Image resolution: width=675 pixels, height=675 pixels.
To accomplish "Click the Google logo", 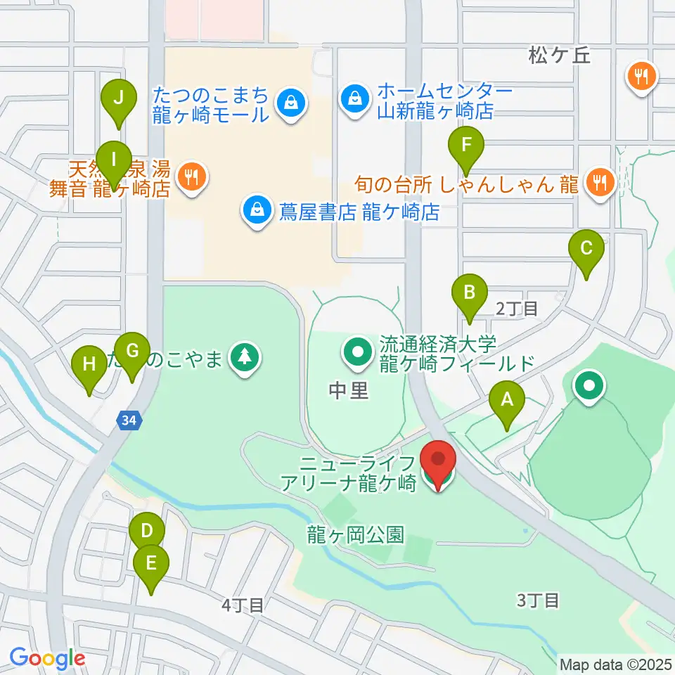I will click(47, 658).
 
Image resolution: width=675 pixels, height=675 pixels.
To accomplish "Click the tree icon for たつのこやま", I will click(245, 359).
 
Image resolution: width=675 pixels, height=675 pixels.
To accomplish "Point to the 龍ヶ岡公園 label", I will click(355, 534).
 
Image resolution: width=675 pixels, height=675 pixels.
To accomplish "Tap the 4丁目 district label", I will click(242, 604).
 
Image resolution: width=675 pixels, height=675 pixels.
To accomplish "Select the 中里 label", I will click(349, 391).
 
